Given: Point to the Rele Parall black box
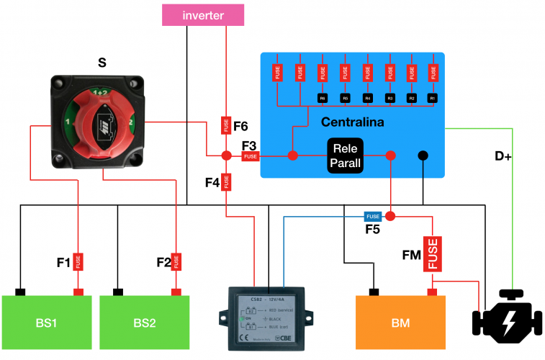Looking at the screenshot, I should (x=345, y=155).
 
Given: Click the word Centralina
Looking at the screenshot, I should (x=352, y=122).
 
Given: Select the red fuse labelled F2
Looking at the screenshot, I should (x=176, y=261).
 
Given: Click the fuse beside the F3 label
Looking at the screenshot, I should (x=250, y=156).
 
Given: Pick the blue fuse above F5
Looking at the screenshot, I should (x=372, y=216).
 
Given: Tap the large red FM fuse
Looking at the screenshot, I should (x=432, y=254).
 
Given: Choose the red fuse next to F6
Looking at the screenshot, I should (x=226, y=125).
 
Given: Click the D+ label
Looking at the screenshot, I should (x=503, y=156).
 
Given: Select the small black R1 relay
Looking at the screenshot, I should (x=433, y=97).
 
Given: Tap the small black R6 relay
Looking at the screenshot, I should (x=323, y=97).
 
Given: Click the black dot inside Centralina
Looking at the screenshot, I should (x=423, y=156).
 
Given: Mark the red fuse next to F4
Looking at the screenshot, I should (x=226, y=182).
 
